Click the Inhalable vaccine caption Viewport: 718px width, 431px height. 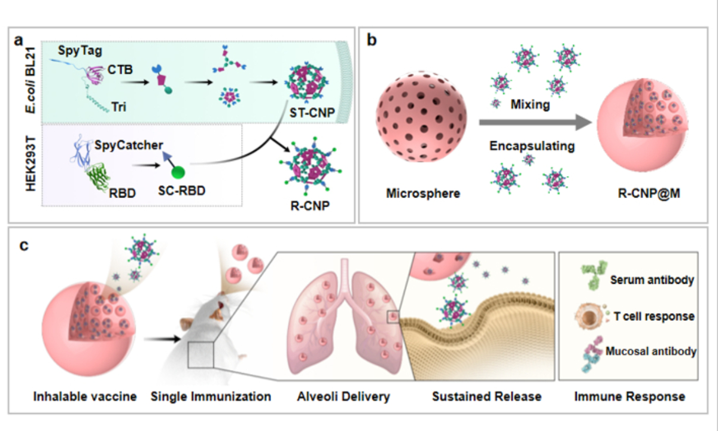[86, 396]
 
